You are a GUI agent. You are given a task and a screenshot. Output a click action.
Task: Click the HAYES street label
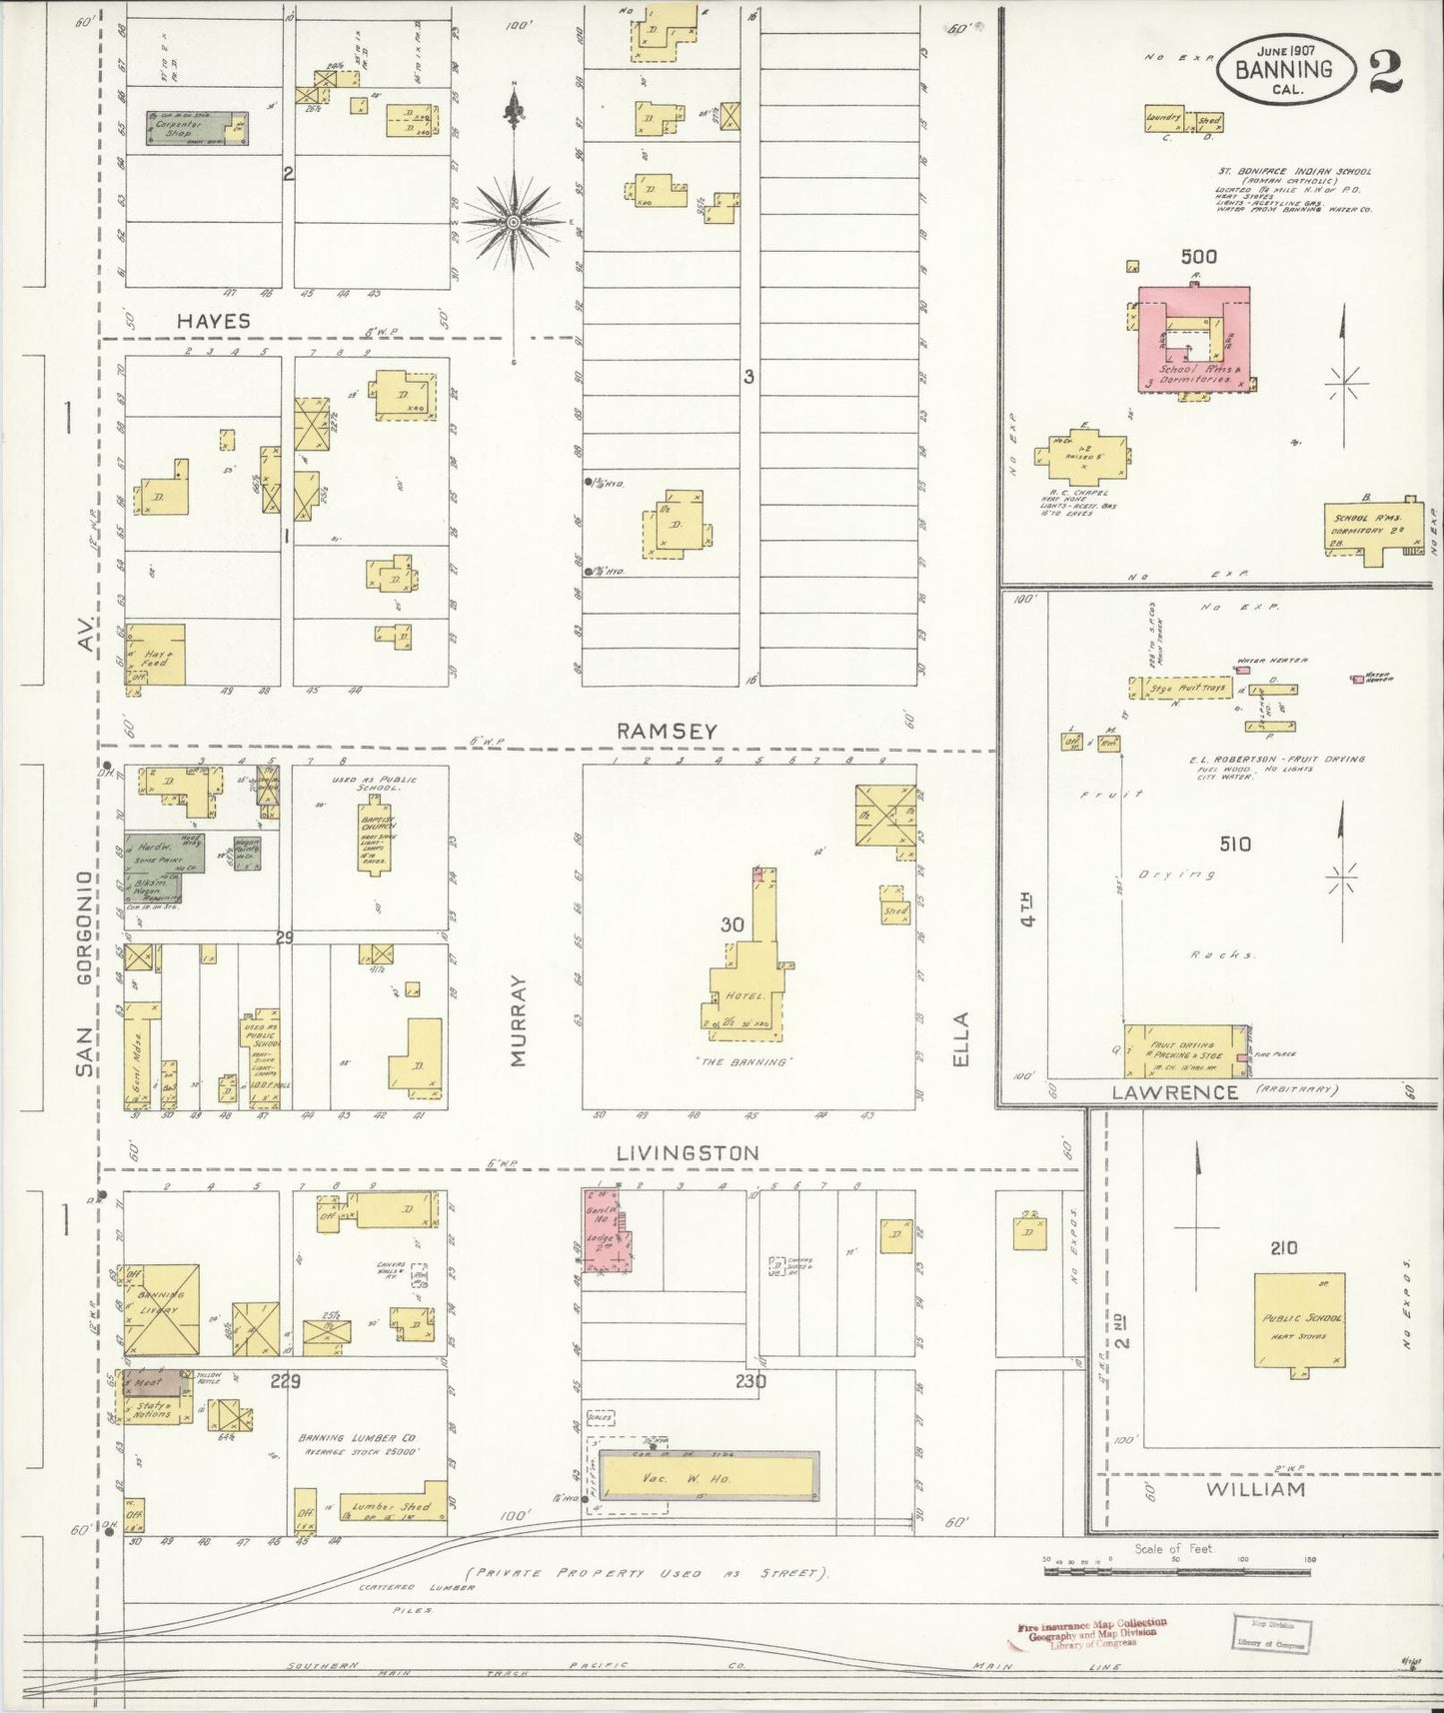pos(214,321)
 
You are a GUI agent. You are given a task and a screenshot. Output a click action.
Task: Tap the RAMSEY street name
pos(667,731)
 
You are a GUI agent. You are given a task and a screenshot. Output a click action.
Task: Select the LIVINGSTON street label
pos(688,1152)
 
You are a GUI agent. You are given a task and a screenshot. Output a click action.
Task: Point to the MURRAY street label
pos(518,1021)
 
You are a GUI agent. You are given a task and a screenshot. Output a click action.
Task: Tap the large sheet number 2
pos(1385,70)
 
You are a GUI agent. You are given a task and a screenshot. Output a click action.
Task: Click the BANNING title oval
pos(1284,69)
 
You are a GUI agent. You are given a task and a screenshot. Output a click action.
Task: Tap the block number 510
pos(1234,845)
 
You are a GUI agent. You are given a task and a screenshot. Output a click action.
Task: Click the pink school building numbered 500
pos(1194,340)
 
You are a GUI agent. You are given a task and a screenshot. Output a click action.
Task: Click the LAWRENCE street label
pos(1174,1091)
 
